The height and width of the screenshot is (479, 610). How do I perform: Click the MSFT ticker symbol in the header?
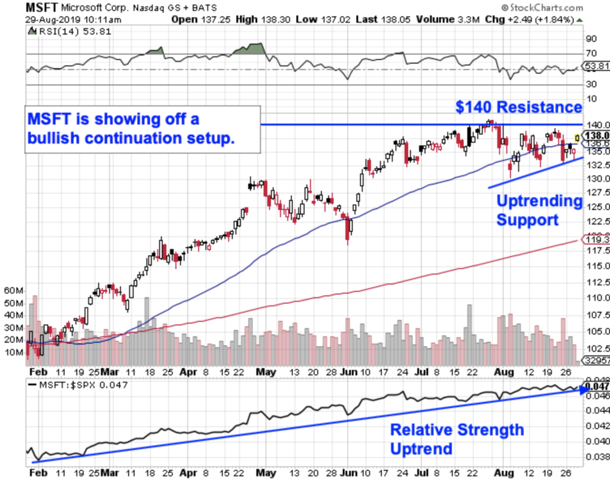(42, 8)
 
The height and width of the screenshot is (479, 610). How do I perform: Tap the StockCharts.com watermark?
(541, 8)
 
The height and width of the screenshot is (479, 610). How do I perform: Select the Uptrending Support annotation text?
(538, 210)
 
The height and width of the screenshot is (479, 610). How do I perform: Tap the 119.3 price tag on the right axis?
(598, 239)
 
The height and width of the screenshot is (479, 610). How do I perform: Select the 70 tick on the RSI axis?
(591, 52)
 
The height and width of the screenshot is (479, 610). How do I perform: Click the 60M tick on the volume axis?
(13, 290)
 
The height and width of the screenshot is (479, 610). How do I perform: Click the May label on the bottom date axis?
(265, 472)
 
